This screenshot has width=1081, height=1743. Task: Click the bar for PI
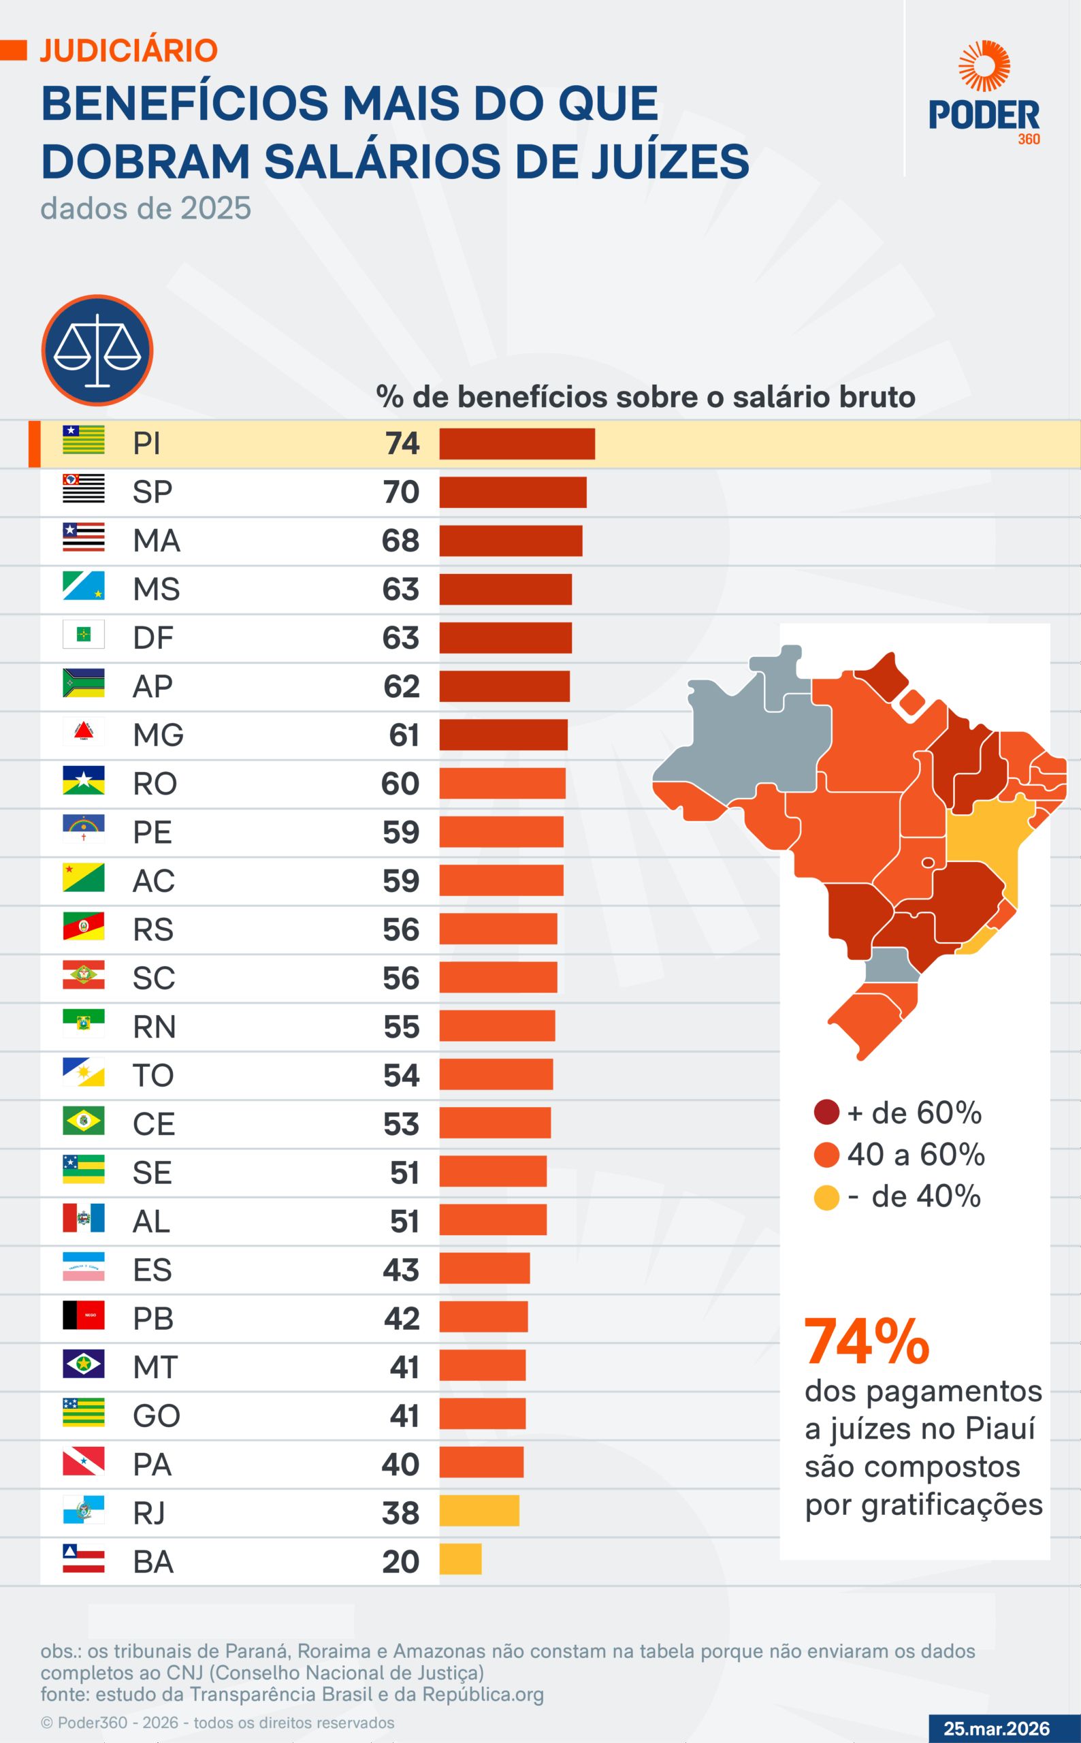click(516, 444)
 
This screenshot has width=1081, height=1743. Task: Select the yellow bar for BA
click(459, 1559)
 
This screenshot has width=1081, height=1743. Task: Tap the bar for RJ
click(479, 1511)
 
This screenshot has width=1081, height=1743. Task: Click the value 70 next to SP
click(400, 492)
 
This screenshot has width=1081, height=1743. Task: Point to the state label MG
click(158, 735)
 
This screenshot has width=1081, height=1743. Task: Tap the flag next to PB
click(84, 1315)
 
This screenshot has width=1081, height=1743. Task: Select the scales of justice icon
click(97, 351)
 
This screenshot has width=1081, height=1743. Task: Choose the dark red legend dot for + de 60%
click(826, 1113)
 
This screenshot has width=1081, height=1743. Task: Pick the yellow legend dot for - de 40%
click(826, 1198)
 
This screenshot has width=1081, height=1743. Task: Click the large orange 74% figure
click(867, 1343)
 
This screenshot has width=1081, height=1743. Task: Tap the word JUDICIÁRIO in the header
click(129, 51)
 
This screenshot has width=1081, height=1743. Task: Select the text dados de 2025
click(146, 209)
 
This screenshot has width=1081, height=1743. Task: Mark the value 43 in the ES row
click(400, 1270)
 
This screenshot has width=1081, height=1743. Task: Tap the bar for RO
click(502, 784)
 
